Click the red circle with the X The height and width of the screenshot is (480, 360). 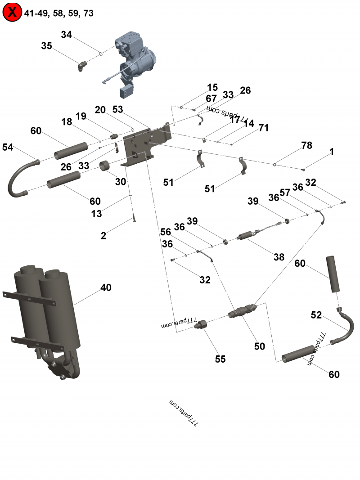(12, 13)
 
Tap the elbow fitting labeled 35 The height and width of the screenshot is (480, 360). (81, 67)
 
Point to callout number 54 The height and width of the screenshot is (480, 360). (8, 147)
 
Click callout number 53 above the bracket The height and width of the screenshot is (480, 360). (117, 109)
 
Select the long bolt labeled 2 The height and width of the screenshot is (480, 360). (134, 219)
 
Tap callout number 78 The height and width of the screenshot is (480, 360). (306, 146)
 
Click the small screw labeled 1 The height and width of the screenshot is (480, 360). (303, 170)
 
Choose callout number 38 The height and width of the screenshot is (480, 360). (279, 257)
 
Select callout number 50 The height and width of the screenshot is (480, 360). (259, 346)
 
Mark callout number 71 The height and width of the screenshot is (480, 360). (263, 128)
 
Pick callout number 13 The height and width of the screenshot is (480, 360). (97, 214)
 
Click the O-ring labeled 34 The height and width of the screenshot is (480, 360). (101, 54)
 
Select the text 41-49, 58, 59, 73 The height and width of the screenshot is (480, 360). (59, 13)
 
